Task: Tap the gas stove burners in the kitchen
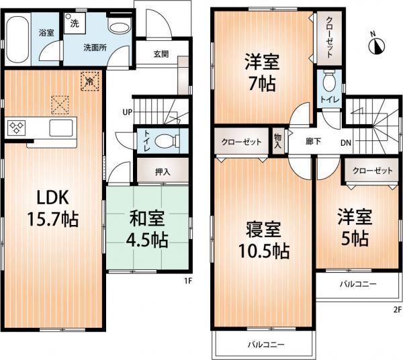click(17, 128)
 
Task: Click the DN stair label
click(346, 142)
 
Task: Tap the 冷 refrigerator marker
click(89, 81)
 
